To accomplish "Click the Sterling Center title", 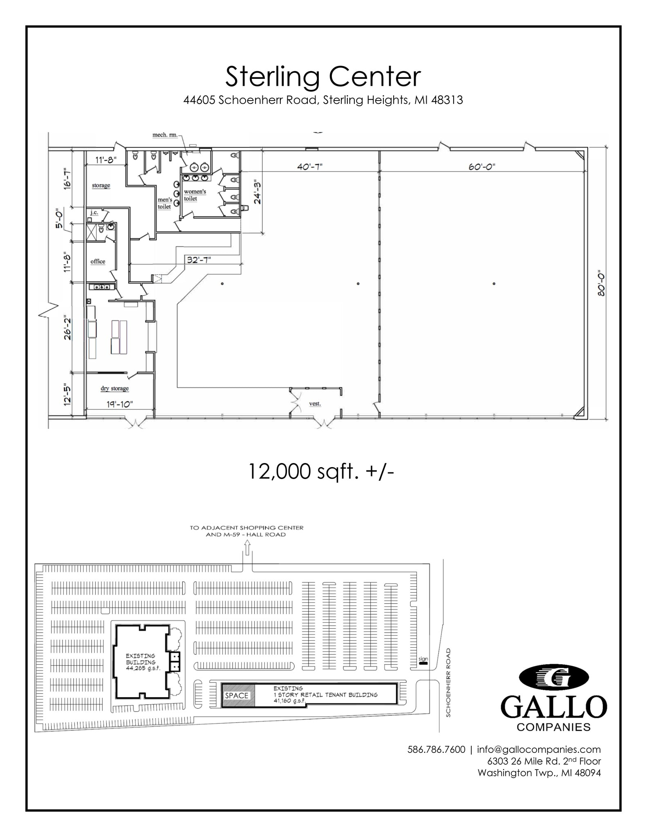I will click(x=323, y=77).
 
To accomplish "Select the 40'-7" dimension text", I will click(x=310, y=167).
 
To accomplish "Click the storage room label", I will click(x=101, y=186).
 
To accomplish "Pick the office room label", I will click(x=98, y=262).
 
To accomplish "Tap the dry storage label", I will click(x=114, y=388).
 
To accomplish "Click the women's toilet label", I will click(x=195, y=195).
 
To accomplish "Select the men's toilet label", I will click(x=165, y=203).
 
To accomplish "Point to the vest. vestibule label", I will click(x=315, y=404).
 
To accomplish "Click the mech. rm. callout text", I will click(x=165, y=135).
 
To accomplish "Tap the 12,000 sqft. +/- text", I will click(x=321, y=472).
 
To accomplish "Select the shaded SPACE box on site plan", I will click(x=237, y=695).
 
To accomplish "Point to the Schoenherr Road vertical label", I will click(x=448, y=682).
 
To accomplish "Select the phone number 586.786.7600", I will click(x=436, y=749).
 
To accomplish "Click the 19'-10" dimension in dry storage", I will click(x=120, y=404).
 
